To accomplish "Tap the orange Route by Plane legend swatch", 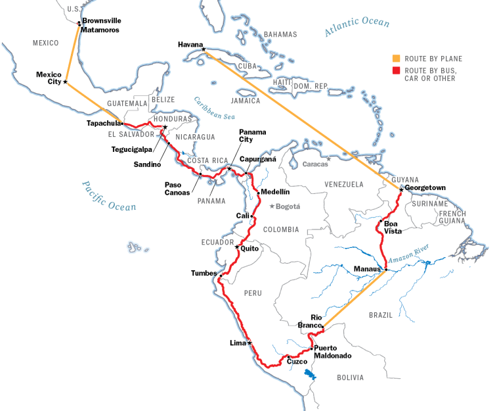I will (x=395, y=59).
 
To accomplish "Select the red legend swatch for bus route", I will (x=395, y=70).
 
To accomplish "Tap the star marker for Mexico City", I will (x=65, y=82).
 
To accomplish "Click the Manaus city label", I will (x=366, y=269).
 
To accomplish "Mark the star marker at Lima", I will (x=249, y=343).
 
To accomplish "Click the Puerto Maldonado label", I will (x=332, y=352).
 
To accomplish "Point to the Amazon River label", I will (x=408, y=253).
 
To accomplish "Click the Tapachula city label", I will (x=103, y=123).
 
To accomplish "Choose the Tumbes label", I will (x=204, y=273).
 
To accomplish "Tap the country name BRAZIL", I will (x=380, y=315).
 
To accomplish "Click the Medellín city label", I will (x=275, y=192).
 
